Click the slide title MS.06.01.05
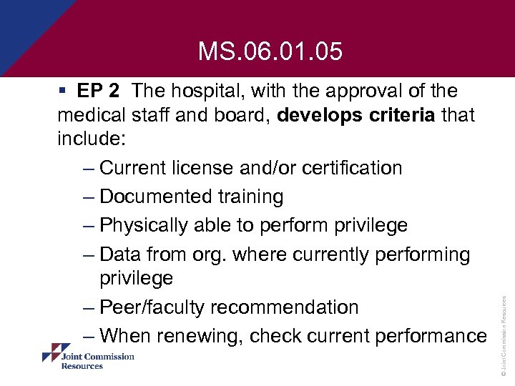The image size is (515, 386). [270, 51]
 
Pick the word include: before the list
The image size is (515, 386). [88, 139]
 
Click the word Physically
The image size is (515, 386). [147, 225]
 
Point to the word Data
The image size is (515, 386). [122, 254]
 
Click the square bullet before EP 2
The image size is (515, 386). [64, 91]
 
